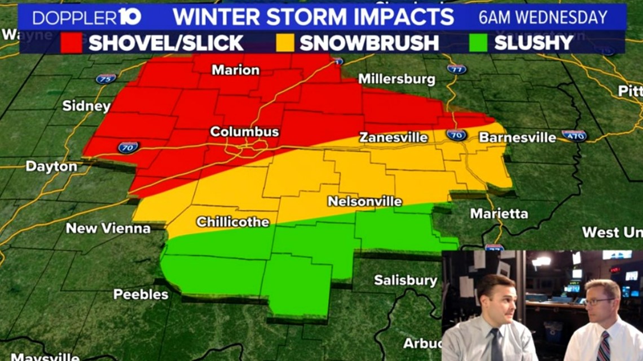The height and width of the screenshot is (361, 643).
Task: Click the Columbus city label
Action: tap(244, 132)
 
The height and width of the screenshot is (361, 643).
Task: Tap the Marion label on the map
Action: tap(235, 70)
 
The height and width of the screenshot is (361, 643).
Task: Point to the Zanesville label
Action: tap(394, 137)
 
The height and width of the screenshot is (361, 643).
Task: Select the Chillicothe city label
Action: tap(232, 222)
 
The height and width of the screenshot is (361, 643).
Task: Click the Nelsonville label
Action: tap(365, 202)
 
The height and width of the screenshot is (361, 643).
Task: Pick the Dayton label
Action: tap(51, 167)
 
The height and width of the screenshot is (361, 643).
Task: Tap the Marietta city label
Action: tap(499, 214)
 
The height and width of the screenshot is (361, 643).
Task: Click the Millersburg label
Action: tap(397, 79)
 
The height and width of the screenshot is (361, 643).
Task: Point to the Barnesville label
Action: tap(517, 137)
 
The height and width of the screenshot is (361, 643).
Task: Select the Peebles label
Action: tap(140, 294)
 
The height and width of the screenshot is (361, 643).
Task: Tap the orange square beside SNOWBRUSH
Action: tap(285, 43)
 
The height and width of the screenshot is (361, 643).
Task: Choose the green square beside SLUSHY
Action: tap(480, 43)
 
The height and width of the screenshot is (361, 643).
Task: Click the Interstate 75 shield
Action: tap(105, 79)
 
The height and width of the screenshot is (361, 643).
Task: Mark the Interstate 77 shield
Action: tap(456, 69)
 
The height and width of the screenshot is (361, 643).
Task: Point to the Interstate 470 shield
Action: tap(574, 135)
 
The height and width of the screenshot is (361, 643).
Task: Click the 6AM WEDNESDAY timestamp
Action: tap(543, 17)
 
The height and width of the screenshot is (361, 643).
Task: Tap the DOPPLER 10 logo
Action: tap(86, 17)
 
